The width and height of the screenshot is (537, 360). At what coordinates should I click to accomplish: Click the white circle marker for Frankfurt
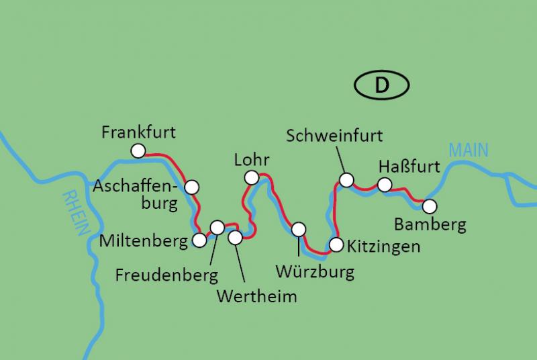(x=138, y=151)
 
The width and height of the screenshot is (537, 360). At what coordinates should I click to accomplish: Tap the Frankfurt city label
(x=138, y=132)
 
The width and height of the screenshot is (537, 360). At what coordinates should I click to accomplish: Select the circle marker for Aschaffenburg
(x=191, y=187)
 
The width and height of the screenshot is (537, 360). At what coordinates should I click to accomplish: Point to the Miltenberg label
(x=143, y=240)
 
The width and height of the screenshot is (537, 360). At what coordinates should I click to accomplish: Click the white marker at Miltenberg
(x=199, y=240)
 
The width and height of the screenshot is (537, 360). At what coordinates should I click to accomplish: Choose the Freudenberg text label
(x=166, y=275)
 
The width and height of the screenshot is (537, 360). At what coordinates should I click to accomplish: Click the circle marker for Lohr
(x=252, y=177)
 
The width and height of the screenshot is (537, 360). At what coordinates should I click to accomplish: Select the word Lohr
(x=252, y=160)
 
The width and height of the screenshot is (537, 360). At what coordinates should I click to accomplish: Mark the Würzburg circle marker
(x=299, y=229)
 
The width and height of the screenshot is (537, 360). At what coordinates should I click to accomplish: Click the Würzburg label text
(x=315, y=272)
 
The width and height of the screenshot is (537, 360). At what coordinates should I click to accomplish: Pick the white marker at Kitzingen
(x=336, y=244)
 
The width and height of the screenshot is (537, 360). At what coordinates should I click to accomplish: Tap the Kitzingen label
(x=384, y=246)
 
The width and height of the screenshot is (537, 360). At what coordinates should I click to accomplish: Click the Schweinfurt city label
(x=334, y=136)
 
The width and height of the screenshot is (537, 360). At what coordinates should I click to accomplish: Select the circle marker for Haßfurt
(x=384, y=185)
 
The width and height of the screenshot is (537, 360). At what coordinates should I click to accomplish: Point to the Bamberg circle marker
(x=429, y=206)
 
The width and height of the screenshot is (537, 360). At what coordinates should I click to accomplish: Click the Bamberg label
(x=430, y=224)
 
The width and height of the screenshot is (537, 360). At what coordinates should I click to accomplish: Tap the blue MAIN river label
(x=469, y=150)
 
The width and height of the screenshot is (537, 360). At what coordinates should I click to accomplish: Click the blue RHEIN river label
(x=76, y=211)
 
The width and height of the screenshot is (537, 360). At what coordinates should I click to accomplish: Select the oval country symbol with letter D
(x=381, y=85)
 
